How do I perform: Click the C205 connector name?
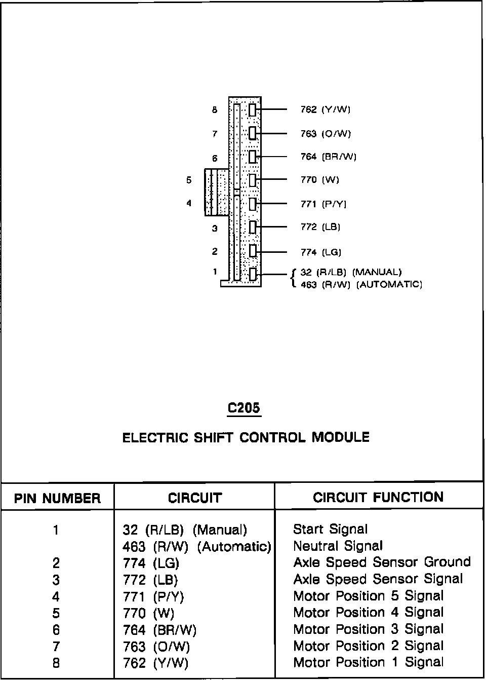coord(245,408)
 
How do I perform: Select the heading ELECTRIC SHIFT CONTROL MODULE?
coord(246,437)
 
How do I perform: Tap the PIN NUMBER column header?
coord(57,498)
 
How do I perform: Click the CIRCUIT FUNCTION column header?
coord(378,497)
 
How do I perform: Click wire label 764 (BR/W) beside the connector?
coord(328,157)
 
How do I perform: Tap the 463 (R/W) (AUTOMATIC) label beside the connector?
coord(361,285)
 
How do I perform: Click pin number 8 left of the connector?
coord(215,109)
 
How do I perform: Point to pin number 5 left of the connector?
coord(189,180)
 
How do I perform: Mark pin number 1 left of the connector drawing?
coord(215,272)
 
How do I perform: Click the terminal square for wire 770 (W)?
coord(252,180)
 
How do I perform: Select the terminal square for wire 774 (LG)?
coord(252,251)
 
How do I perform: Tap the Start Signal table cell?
coord(330,530)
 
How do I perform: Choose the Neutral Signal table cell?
coord(338,546)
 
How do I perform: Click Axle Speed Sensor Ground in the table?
coord(382,562)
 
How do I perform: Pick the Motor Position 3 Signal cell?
coord(368,629)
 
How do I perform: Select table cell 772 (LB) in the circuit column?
coord(150,580)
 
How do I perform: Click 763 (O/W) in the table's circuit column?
coord(156,647)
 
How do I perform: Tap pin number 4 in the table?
coord(56,596)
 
